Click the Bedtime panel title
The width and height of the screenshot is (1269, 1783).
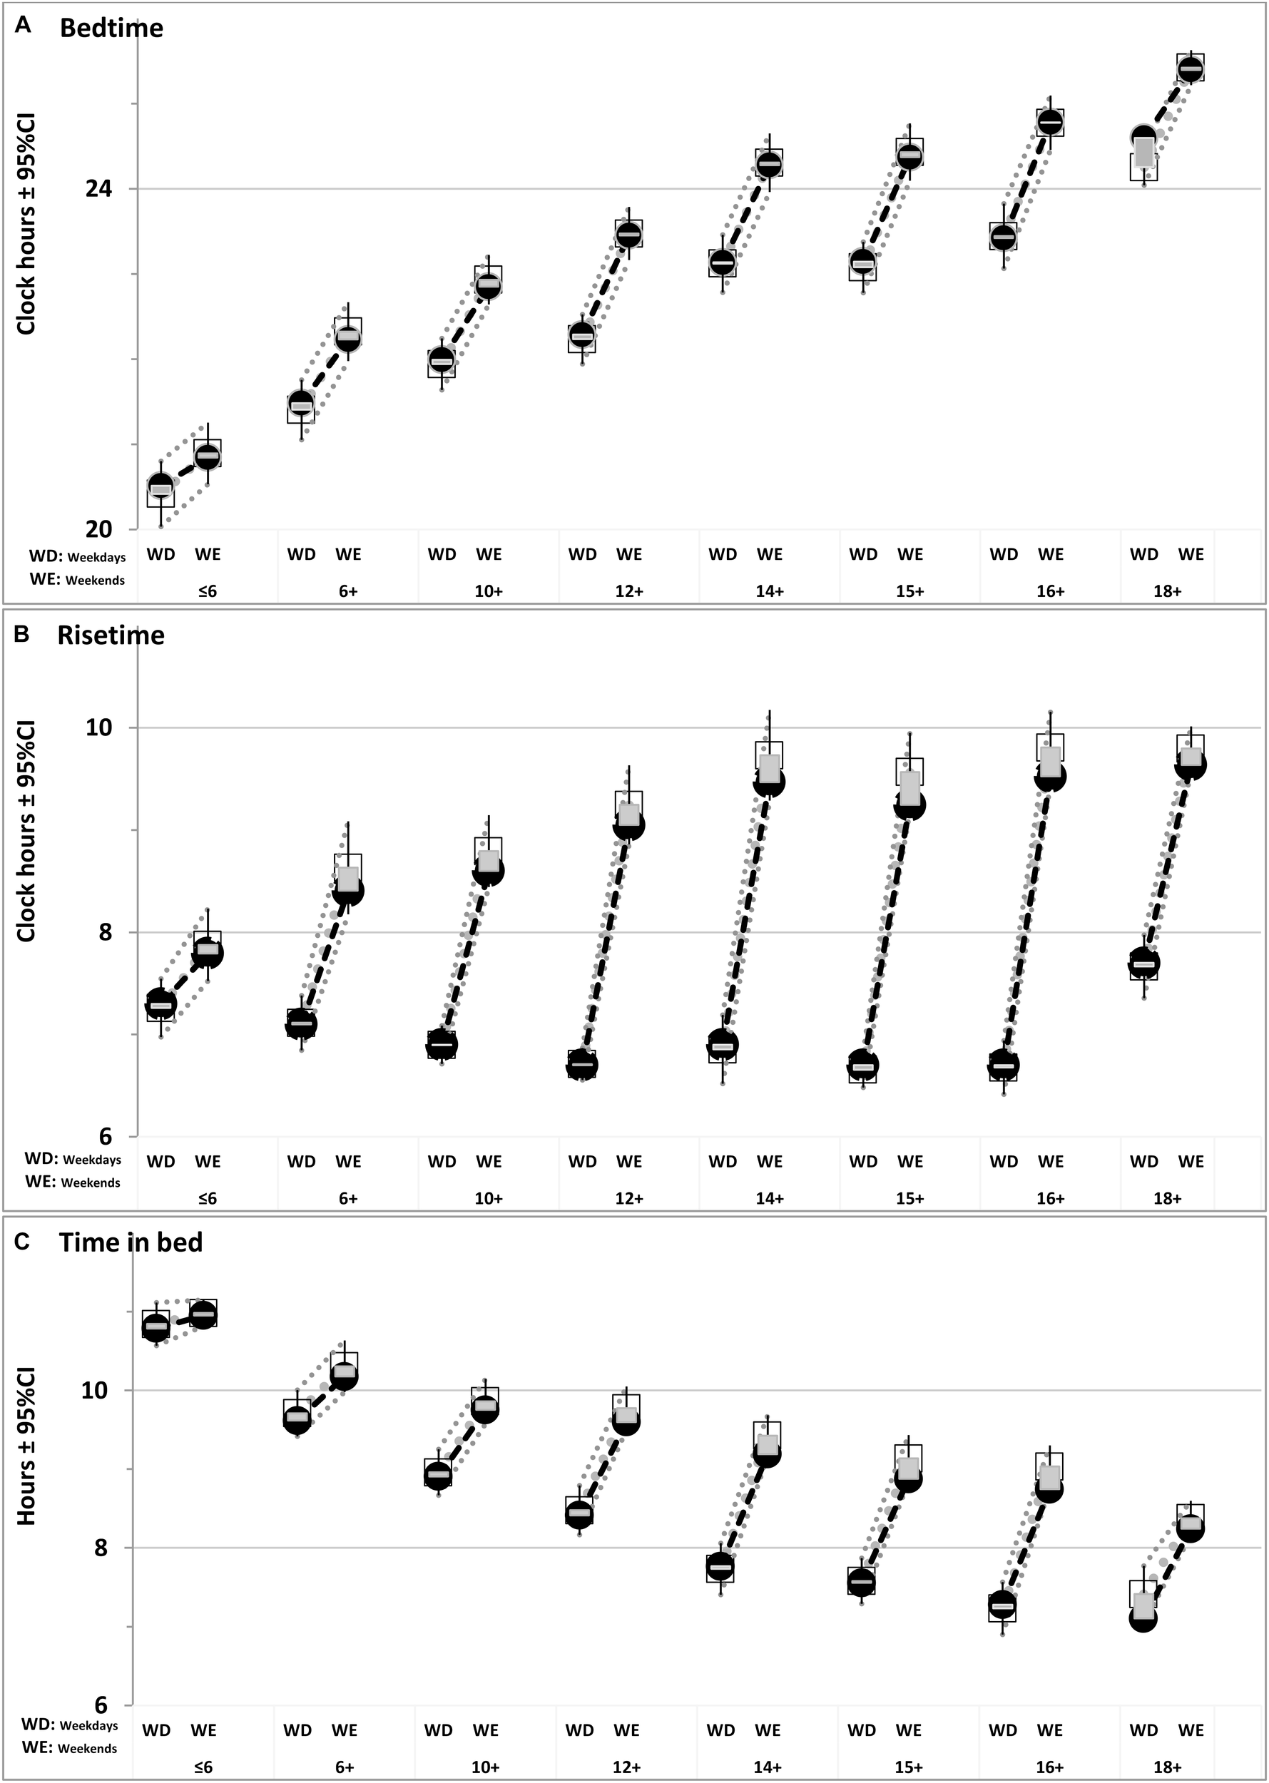click(x=111, y=28)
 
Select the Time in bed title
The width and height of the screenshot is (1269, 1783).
click(x=131, y=1242)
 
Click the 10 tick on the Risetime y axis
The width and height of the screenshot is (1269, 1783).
click(x=99, y=727)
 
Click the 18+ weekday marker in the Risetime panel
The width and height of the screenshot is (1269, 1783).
click(x=1143, y=963)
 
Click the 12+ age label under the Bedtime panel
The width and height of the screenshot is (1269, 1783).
click(x=629, y=591)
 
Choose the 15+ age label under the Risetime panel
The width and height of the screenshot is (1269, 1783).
click(x=909, y=1197)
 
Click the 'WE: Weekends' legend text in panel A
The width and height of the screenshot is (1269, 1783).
click(x=76, y=580)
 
